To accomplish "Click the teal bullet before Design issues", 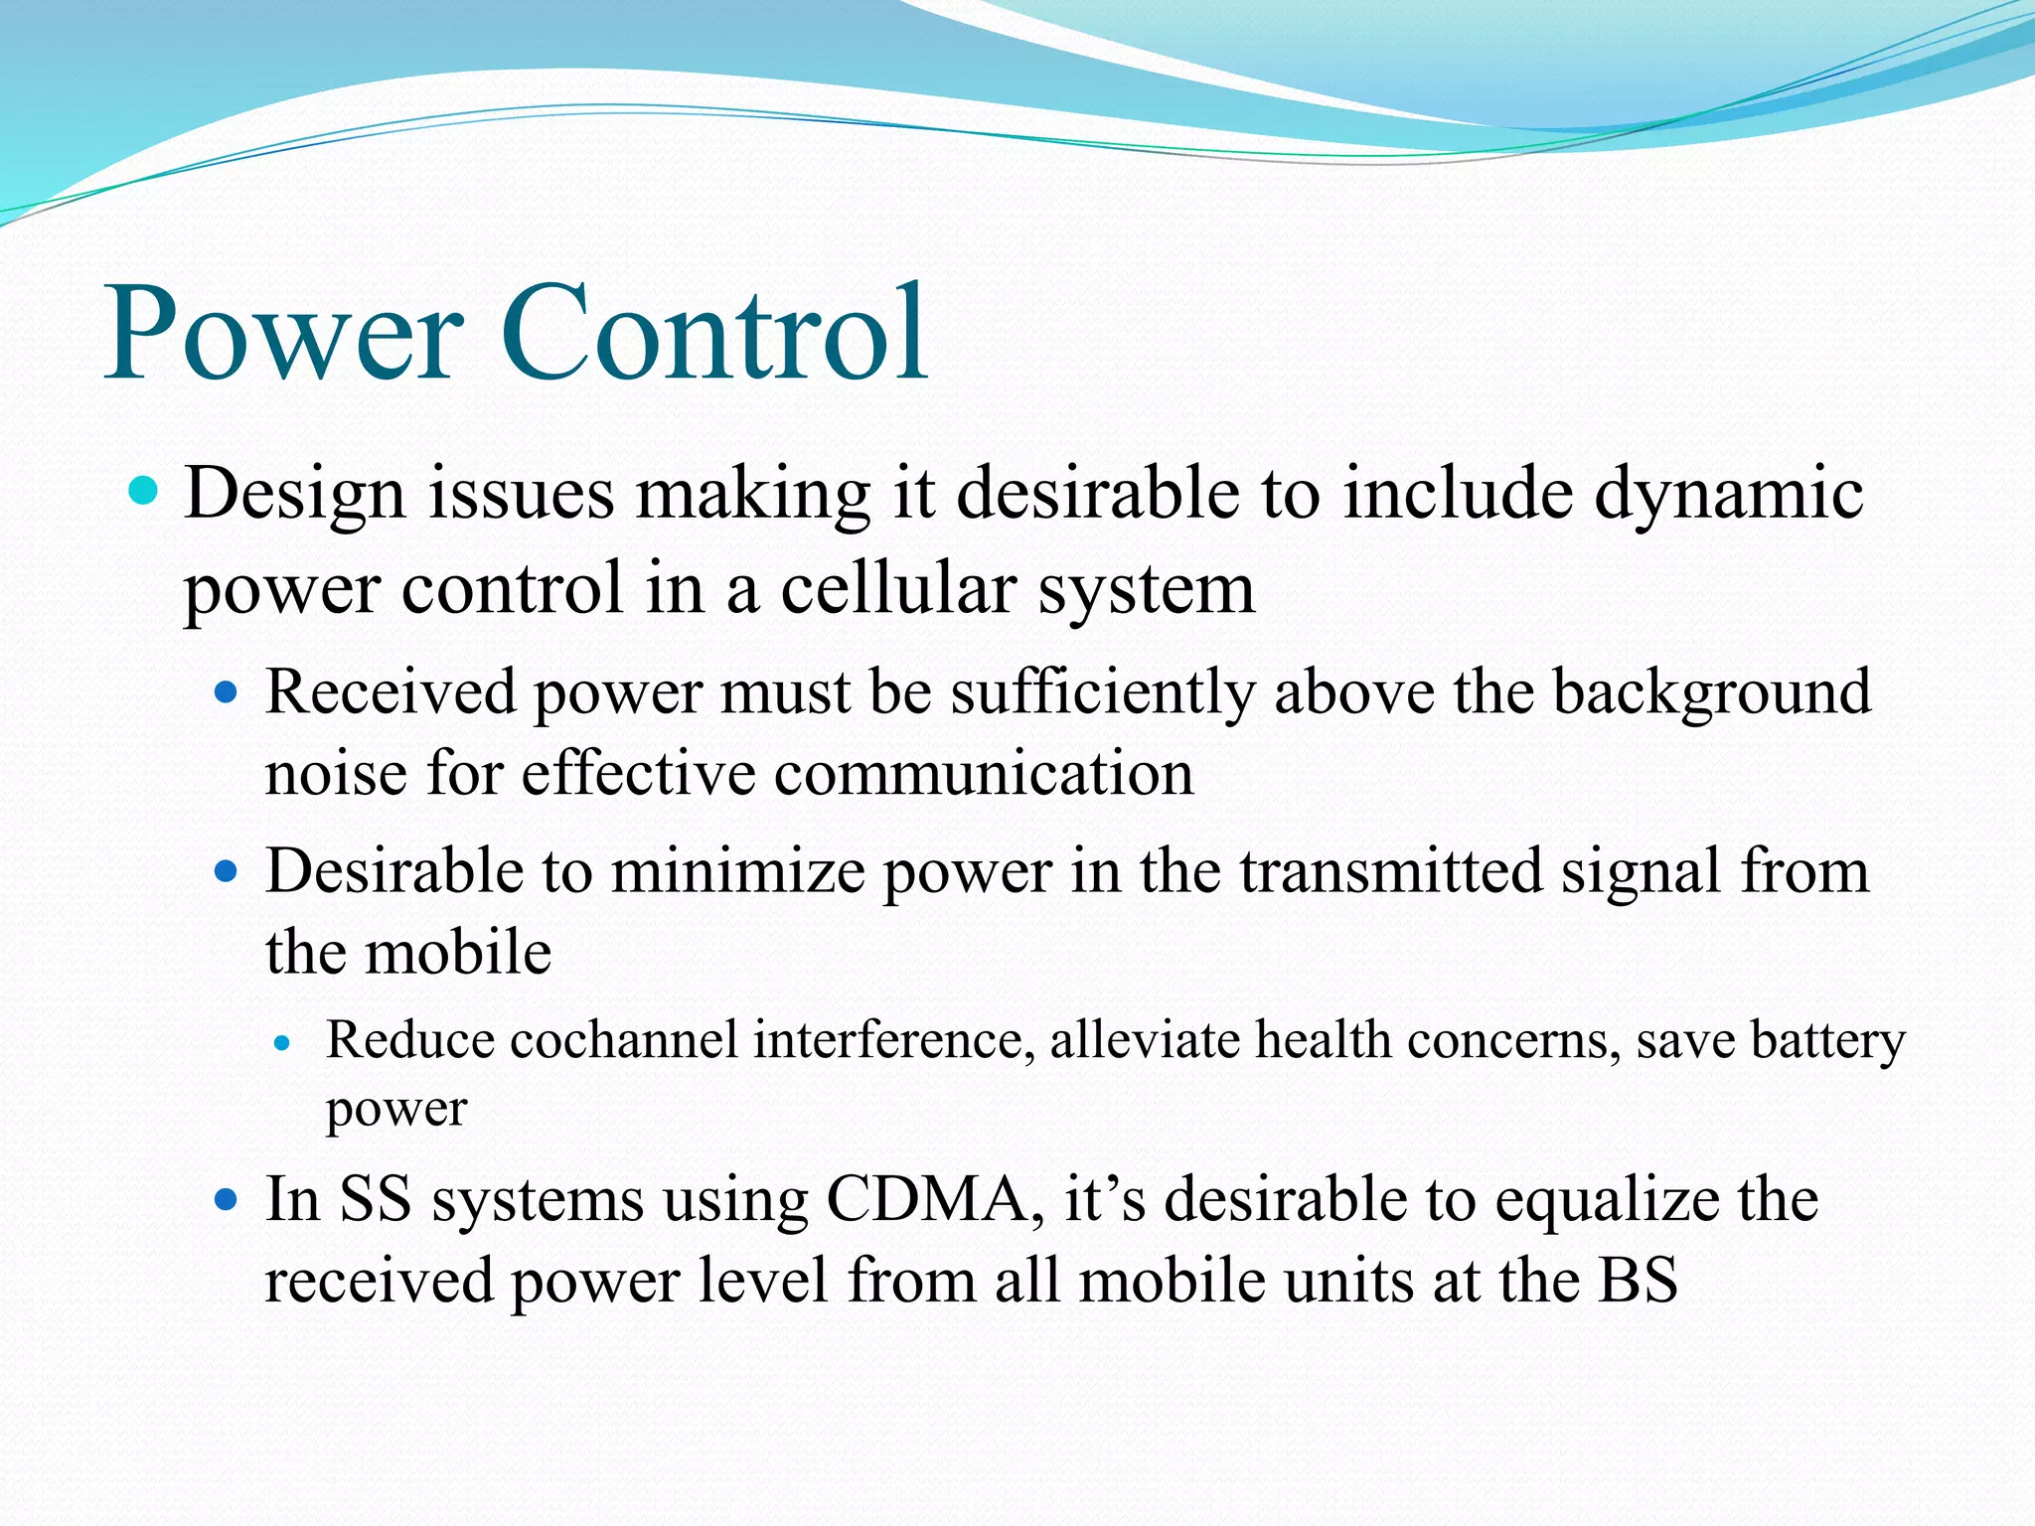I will coord(144,490).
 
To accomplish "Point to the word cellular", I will coord(898,588).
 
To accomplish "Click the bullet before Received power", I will coord(228,691).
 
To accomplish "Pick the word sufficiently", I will coord(1102,692).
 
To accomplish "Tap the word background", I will coord(1711,692).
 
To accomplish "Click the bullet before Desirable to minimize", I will coord(228,871).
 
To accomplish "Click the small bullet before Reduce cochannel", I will coord(283,1043).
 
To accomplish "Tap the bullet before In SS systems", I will coord(228,1200).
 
